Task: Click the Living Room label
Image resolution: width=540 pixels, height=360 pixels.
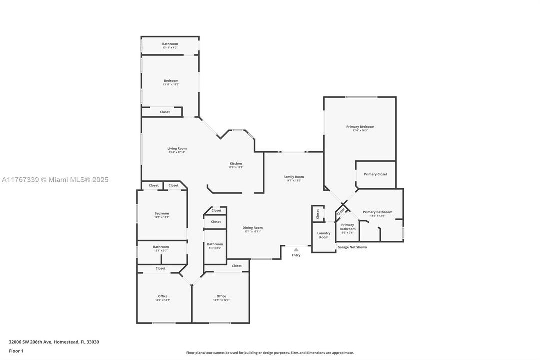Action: pos(177,148)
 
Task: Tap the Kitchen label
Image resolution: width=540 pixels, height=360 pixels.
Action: pos(236,164)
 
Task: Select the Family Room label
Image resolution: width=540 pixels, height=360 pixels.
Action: pos(294,177)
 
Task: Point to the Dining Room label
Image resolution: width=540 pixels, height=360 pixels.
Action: pos(253,228)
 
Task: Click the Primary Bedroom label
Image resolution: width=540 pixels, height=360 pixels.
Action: pos(360,127)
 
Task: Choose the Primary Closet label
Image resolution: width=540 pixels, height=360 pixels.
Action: pos(375,174)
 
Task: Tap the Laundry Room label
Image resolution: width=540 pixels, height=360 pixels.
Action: pos(324,235)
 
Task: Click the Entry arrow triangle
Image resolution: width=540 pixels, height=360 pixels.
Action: pos(296,250)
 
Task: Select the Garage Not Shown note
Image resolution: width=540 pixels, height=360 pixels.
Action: pos(352,247)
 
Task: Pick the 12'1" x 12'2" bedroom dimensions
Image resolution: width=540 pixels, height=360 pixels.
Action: pos(161,217)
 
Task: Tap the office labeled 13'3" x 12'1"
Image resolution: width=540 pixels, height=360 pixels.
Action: pos(163,298)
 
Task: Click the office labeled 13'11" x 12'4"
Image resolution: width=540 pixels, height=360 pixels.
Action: pos(221,298)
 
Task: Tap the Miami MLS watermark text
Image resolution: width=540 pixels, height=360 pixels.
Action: pos(55,180)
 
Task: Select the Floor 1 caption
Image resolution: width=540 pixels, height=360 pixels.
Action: pos(16,351)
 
